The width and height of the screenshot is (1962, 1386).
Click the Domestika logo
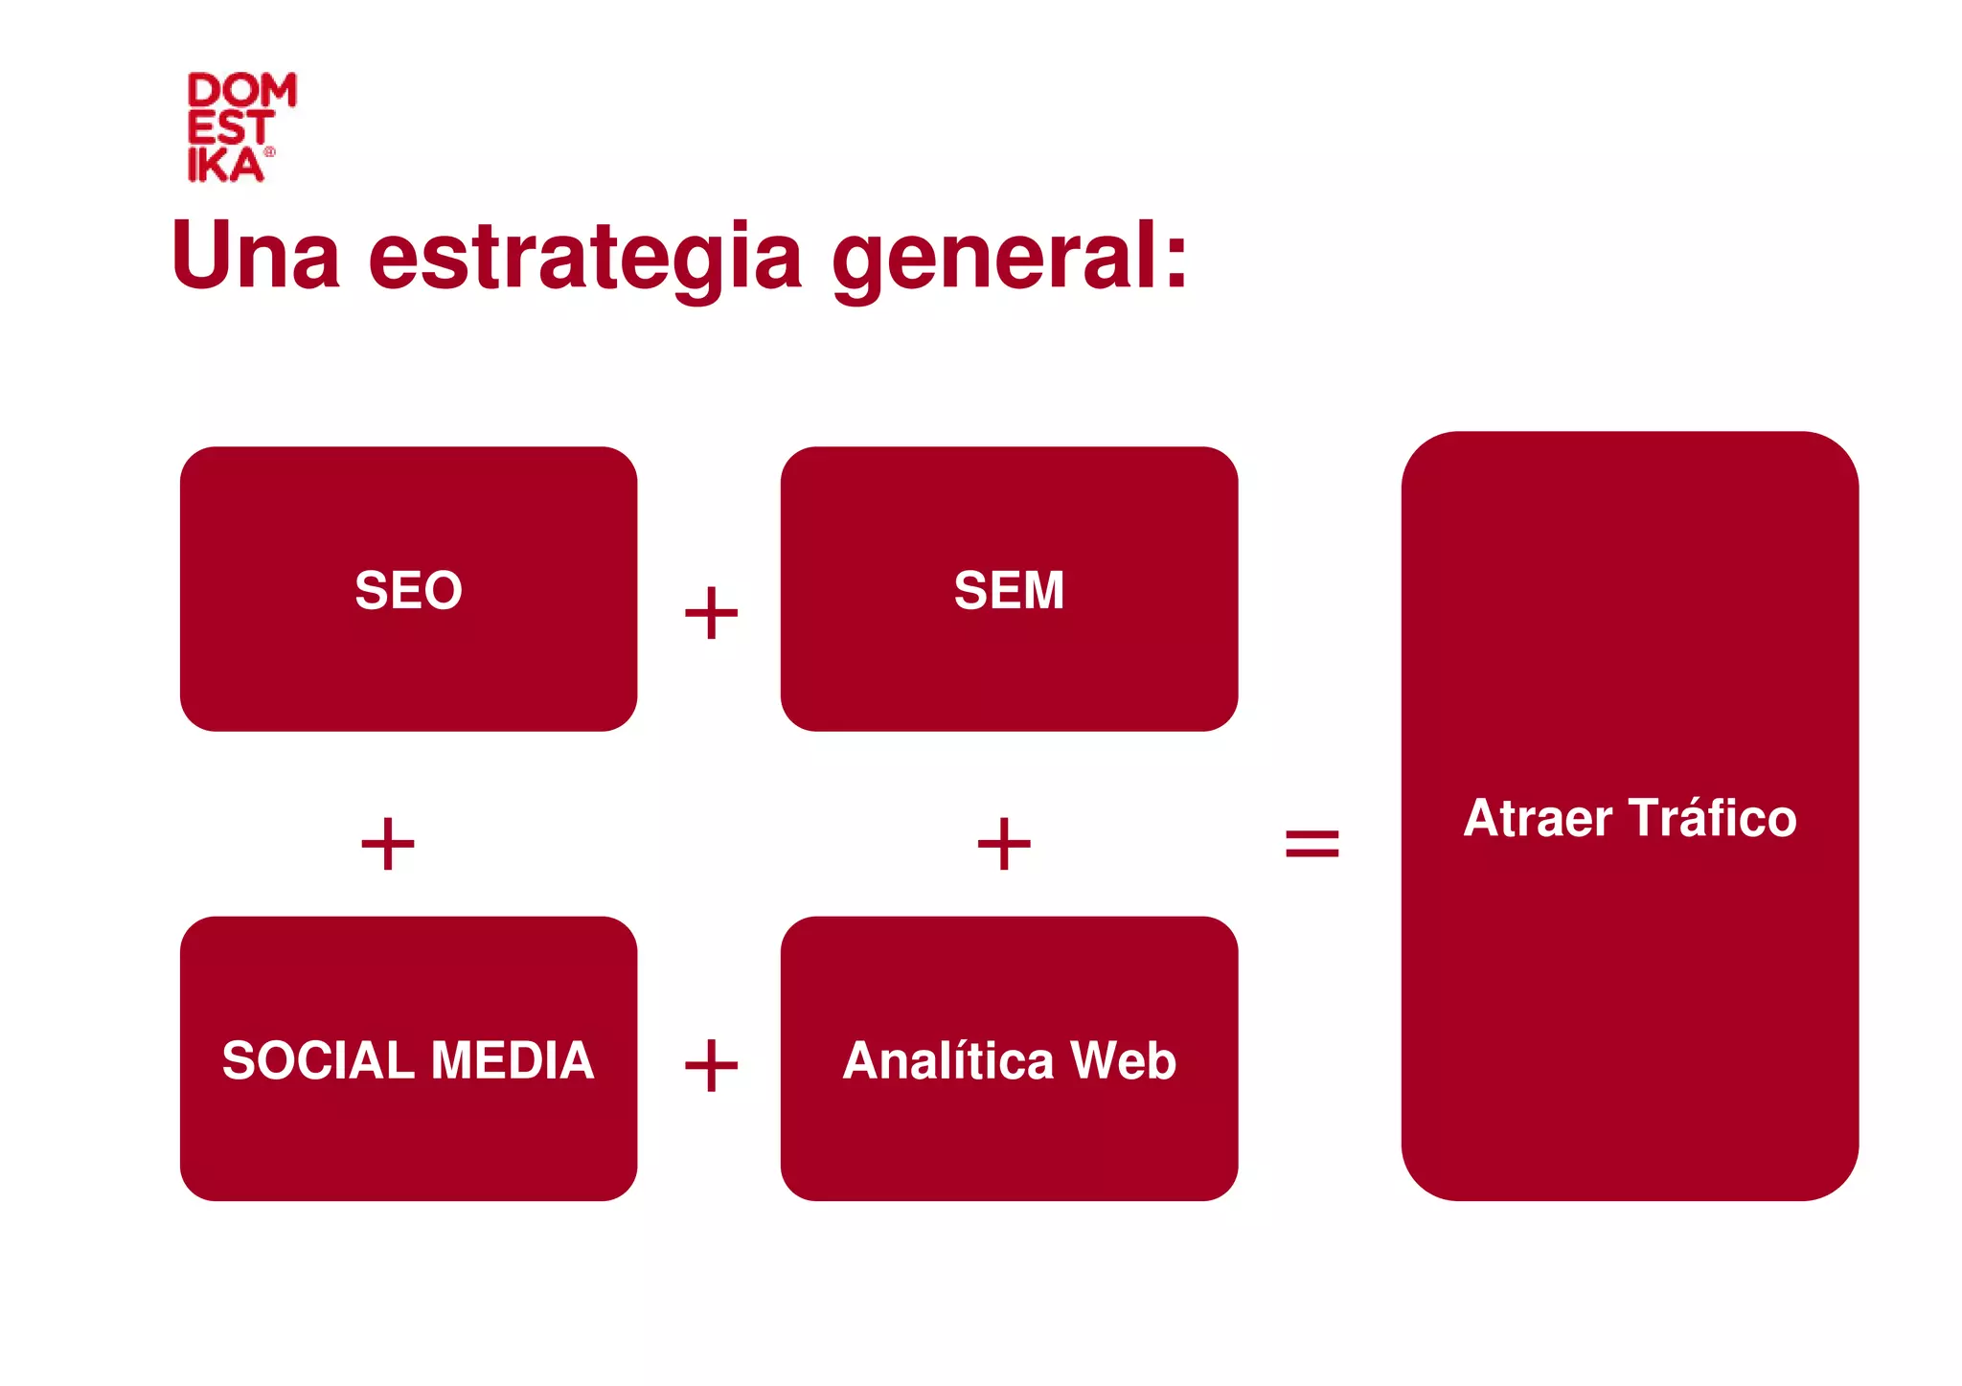[240, 126]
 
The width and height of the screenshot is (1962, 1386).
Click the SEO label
[409, 590]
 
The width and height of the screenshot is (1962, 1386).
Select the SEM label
[1009, 590]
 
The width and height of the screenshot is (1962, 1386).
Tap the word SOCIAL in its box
[318, 1060]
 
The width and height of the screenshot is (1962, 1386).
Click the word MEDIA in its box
[513, 1060]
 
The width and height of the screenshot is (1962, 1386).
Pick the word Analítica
[948, 1060]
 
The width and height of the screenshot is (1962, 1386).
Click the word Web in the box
[1123, 1060]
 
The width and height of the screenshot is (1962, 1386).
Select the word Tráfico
[1713, 818]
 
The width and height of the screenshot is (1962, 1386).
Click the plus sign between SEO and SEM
[711, 613]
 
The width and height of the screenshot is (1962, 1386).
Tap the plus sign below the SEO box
[388, 844]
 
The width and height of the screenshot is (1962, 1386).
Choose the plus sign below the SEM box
[1004, 844]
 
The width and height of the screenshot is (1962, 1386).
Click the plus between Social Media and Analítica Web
[711, 1065]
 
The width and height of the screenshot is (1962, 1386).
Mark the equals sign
[1312, 844]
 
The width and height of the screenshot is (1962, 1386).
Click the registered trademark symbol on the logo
[269, 151]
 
